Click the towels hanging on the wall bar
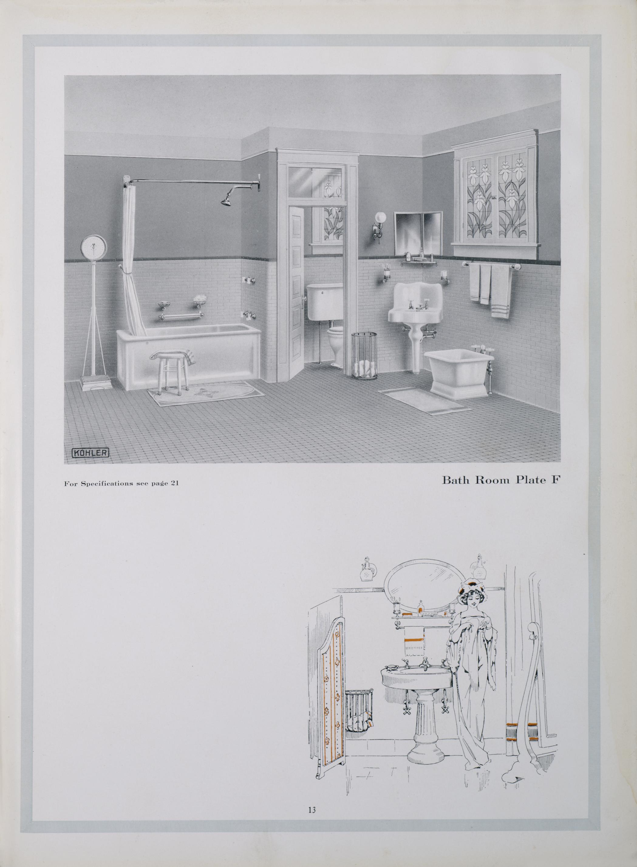(x=490, y=290)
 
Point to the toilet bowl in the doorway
(x=335, y=345)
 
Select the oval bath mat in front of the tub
(x=205, y=393)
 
